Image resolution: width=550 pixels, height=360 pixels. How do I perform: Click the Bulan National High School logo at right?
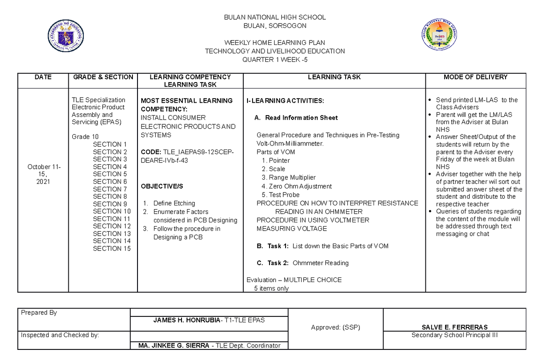[439, 36]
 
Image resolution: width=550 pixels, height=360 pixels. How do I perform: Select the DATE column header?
[43, 77]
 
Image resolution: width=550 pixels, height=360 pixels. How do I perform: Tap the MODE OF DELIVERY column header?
[476, 77]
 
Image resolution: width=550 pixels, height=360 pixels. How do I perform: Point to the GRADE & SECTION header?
[103, 77]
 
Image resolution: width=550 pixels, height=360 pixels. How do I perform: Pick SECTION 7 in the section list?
[110, 189]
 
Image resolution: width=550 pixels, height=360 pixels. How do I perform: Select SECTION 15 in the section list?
[112, 249]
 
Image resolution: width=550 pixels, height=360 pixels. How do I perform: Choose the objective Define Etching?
[174, 203]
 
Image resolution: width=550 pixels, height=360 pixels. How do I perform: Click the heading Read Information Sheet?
[301, 118]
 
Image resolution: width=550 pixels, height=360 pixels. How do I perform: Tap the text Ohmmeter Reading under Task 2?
[320, 263]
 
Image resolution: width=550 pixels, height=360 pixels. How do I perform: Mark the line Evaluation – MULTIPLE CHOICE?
[294, 280]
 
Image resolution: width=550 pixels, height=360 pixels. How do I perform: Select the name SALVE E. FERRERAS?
[454, 327]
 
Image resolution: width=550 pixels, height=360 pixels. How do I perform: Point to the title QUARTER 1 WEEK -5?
[275, 60]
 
